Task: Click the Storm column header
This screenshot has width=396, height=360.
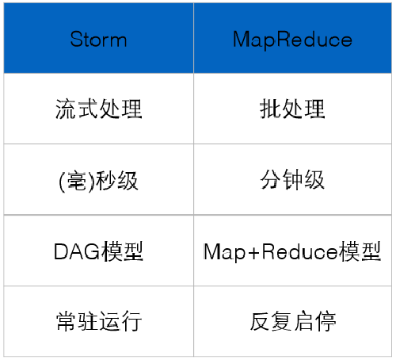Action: pos(98,39)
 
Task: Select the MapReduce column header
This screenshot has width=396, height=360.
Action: pos(292,39)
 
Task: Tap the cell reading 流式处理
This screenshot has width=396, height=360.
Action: pos(98,109)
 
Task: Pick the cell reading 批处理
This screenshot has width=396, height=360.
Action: pos(292,109)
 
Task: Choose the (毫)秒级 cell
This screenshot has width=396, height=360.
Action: pos(98,180)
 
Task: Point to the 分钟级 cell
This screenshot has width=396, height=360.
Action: pos(292,180)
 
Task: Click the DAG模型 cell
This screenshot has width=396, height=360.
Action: pos(98,251)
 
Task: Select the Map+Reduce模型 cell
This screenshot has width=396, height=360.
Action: pos(292,251)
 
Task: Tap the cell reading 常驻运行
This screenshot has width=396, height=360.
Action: pos(98,322)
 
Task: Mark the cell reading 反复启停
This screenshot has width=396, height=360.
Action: pos(292,322)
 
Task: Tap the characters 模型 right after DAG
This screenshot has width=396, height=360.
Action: pos(121,251)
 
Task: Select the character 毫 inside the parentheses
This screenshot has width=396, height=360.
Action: pos(73,180)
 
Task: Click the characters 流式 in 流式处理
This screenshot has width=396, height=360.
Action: pos(76,109)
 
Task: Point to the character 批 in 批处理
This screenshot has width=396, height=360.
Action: pos(270,109)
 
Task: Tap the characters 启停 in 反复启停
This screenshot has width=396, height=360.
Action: pos(314,322)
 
